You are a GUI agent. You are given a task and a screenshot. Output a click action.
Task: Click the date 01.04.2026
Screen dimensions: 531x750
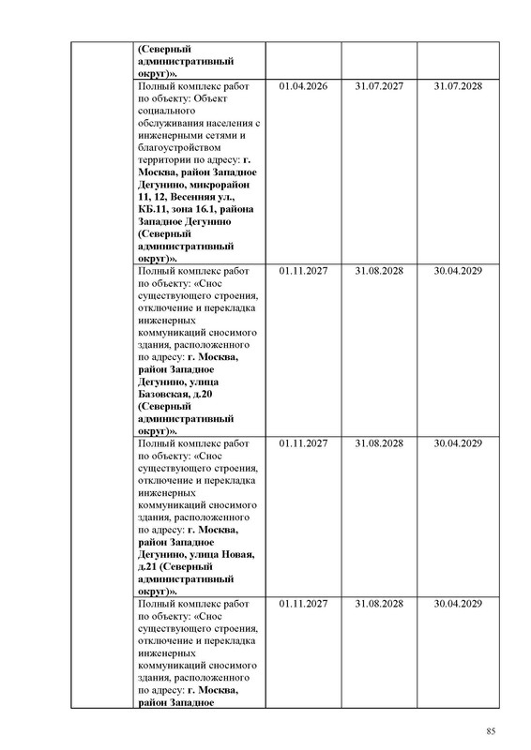click(303, 86)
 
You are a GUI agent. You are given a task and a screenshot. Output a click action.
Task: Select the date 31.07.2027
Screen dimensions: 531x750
click(380, 86)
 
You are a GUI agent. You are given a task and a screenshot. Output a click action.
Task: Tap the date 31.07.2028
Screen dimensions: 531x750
click(458, 86)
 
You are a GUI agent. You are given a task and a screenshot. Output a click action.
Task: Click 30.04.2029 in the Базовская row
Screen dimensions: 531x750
click(458, 270)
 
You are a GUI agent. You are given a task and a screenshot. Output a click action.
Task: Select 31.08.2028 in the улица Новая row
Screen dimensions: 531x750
click(380, 442)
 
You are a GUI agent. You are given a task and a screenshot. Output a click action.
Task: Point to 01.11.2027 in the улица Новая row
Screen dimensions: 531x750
click(303, 442)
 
